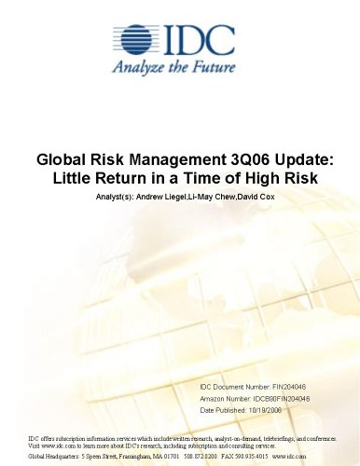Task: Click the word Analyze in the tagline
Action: point(142,67)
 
